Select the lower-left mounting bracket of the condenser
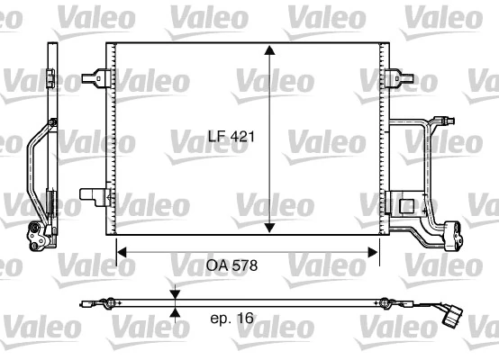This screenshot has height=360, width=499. point(92,195)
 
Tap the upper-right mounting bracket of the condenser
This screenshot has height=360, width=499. point(394,77)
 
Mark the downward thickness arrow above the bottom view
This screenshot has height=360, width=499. point(175,293)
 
